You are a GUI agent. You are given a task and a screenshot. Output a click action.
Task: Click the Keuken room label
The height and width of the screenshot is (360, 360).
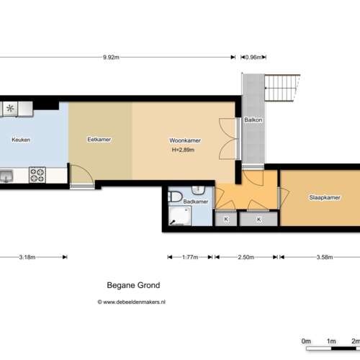(21, 140)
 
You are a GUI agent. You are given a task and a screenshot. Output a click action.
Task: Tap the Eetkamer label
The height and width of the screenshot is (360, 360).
(99, 140)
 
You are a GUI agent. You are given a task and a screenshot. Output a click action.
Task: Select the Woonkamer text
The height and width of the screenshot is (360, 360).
(185, 140)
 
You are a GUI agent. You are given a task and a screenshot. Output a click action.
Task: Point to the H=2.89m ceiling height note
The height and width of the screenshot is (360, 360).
(183, 150)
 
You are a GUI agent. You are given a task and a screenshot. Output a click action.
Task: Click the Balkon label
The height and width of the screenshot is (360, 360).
(253, 120)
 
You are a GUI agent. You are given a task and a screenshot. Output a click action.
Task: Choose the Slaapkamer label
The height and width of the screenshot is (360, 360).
(325, 197)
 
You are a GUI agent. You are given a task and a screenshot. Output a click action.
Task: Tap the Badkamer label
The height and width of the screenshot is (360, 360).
(196, 202)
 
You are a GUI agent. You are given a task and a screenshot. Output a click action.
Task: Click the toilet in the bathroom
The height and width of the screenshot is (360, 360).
(175, 197)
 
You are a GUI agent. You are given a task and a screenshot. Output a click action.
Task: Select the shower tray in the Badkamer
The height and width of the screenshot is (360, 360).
(180, 216)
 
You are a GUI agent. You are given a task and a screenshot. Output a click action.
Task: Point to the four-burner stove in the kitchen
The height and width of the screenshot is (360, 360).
(37, 175)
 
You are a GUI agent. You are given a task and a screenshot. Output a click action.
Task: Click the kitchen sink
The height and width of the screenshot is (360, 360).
(6, 176)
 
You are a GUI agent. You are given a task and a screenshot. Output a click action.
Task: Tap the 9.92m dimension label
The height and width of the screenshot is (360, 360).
(111, 58)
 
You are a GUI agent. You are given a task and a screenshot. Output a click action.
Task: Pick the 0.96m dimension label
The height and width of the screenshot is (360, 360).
(253, 58)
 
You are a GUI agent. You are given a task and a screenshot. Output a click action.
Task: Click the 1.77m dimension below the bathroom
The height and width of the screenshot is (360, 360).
(190, 257)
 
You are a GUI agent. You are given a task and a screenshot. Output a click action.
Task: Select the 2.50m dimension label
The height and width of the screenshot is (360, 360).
(246, 257)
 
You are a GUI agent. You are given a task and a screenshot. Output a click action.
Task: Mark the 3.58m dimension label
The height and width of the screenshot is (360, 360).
(325, 257)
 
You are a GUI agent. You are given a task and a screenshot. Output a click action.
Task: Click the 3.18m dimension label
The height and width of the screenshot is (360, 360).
(27, 257)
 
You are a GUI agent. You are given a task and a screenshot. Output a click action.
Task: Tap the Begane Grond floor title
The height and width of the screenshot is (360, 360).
(133, 285)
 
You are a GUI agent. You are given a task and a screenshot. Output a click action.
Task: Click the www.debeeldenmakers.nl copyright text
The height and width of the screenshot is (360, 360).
(132, 302)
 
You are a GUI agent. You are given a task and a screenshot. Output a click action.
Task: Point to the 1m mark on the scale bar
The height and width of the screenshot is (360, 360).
(331, 341)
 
